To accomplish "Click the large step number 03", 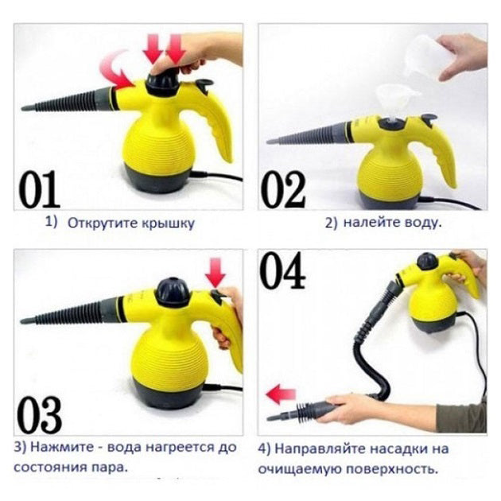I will point(40,414).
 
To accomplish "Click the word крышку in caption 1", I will point(166,223).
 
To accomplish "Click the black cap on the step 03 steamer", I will point(173,292).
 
